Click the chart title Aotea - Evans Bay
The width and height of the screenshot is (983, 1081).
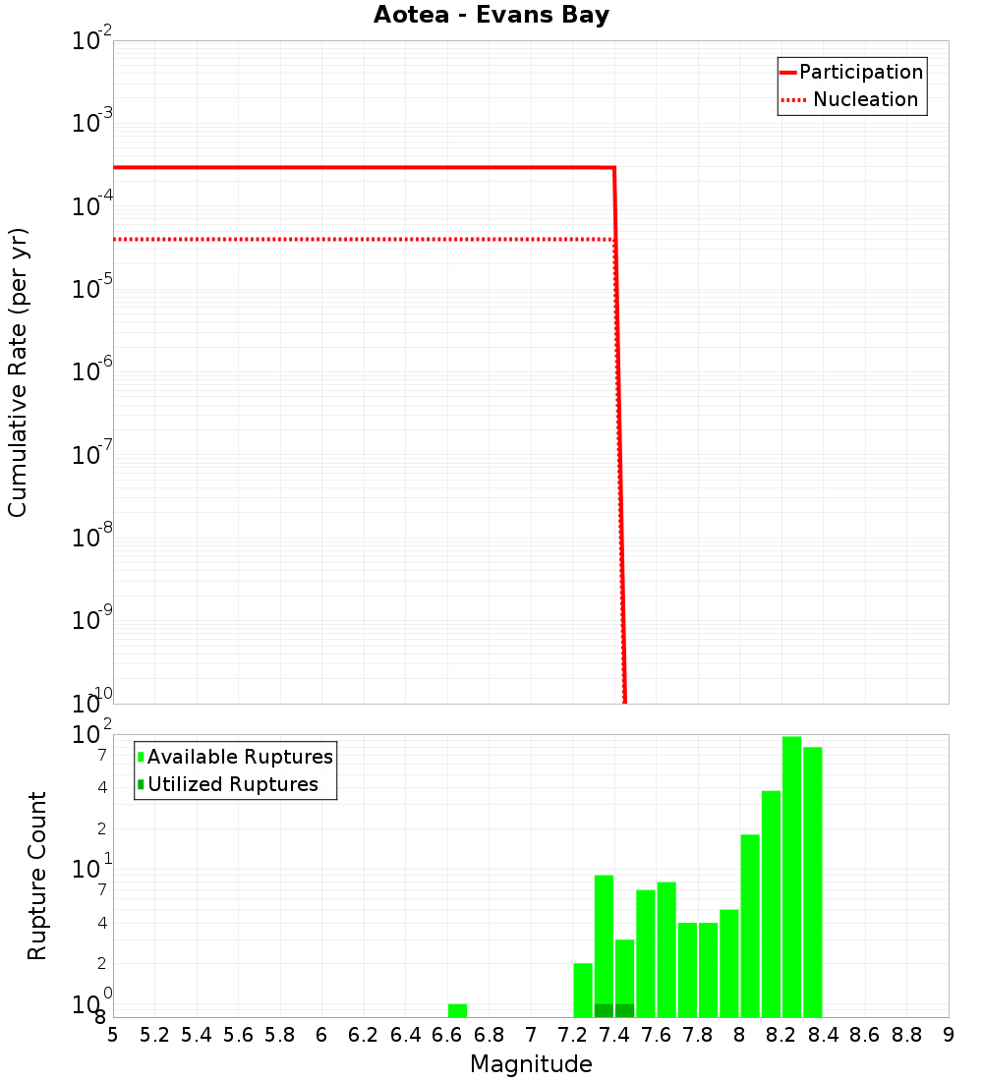(x=491, y=16)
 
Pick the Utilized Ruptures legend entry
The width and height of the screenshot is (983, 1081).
(x=232, y=785)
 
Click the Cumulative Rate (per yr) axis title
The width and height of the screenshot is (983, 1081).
(x=18, y=372)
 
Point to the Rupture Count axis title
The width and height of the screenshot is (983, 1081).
(x=37, y=876)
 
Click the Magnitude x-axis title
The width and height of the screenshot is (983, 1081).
(x=531, y=1064)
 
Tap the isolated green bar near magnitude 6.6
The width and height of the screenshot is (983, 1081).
(x=457, y=1010)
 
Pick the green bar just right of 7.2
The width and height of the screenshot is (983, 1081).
(x=583, y=990)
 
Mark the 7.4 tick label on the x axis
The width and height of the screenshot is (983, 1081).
(x=614, y=1035)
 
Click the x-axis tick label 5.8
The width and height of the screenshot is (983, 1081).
(x=280, y=1035)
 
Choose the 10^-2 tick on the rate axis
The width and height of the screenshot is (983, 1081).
(x=92, y=40)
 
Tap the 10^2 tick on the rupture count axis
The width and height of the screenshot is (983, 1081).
(x=92, y=734)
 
